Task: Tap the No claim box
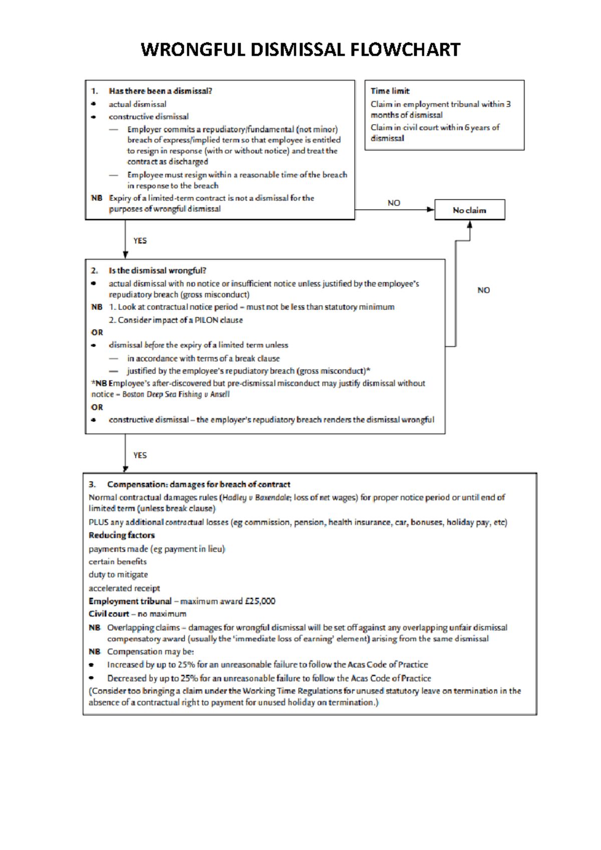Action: coord(469,210)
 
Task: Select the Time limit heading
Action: coord(390,91)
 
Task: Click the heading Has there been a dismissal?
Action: coord(160,91)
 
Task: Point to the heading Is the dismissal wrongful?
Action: coord(157,271)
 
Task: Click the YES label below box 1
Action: coord(140,241)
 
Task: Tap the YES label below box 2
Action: coord(140,456)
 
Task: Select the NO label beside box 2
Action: coord(483,290)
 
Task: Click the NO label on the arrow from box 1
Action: coord(394,203)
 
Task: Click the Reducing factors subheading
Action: coord(122,536)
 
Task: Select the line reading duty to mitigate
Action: coord(118,575)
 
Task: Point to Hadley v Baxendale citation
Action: coord(256,498)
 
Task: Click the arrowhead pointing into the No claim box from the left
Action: coord(430,210)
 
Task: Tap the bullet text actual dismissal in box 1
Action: coord(137,104)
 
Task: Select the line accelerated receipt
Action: coord(124,588)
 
